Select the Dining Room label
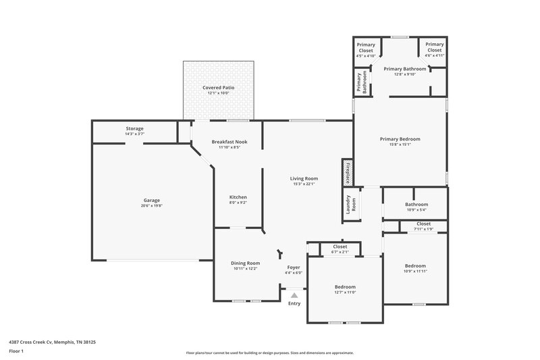tap(245, 265)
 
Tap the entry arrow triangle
tap(294, 294)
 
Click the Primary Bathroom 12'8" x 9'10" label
tap(405, 71)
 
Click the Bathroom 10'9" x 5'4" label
tap(416, 207)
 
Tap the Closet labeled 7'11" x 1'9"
tap(423, 226)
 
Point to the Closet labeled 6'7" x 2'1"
tap(340, 249)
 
